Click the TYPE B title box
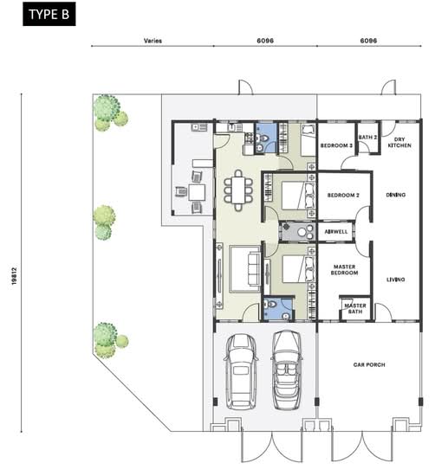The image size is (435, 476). tap(49, 14)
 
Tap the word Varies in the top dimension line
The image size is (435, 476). tap(153, 41)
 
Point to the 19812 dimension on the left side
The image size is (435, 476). tap(14, 276)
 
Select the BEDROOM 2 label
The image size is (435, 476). tap(343, 196)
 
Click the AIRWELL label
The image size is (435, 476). tap(336, 232)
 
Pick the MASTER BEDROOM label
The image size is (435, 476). tap(344, 269)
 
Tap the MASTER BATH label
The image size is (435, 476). tap(355, 308)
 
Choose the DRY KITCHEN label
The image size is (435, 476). tap(399, 143)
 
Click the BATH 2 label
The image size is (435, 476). tap(367, 138)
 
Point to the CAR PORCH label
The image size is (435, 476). tap(369, 364)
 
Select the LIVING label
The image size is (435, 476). tap(395, 280)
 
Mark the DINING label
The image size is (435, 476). tap(396, 195)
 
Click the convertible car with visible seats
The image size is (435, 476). tap(287, 370)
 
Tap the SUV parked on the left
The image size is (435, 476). tap(241, 371)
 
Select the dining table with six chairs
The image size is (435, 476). tap(238, 190)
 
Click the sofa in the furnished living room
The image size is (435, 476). tap(254, 268)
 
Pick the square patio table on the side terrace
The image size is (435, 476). tap(197, 192)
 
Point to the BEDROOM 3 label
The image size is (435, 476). tap(336, 145)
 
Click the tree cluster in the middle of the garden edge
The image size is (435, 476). tap(104, 222)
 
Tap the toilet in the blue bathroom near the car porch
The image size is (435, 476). tap(271, 304)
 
